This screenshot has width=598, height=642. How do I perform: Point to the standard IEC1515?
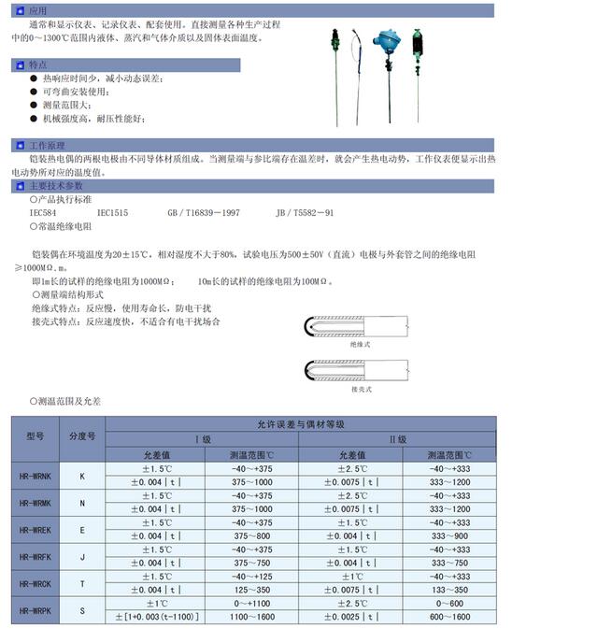112,213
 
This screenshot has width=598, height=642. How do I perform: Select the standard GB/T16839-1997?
203,213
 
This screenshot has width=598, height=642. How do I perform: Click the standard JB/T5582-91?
305,213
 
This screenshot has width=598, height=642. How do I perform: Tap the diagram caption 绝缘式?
361,345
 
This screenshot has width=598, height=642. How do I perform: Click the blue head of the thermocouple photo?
384,39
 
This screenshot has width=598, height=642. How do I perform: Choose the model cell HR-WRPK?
36,609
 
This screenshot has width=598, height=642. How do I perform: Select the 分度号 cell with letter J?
82,556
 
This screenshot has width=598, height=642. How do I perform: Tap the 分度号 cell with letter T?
82,583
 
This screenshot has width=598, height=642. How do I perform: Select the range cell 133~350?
448,590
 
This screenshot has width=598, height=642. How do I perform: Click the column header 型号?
36,435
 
